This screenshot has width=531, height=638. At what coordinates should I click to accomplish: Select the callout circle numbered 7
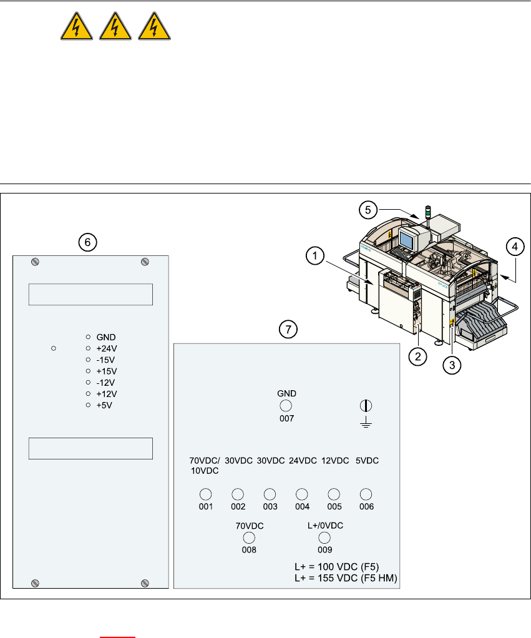[288, 330]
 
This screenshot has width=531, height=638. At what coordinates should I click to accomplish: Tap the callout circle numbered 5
[369, 211]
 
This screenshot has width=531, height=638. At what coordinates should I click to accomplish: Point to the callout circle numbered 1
[316, 255]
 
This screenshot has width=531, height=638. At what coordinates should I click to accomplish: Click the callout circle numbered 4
[514, 247]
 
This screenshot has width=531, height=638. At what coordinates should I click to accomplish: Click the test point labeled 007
[286, 406]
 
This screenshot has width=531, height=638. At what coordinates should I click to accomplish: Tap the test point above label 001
[205, 493]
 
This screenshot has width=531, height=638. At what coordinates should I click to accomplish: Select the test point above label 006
[366, 493]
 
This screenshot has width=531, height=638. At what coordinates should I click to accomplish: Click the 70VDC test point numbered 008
[249, 537]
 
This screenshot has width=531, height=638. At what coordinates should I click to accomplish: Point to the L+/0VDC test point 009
[324, 537]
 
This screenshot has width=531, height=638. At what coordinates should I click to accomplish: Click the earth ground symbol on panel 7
[366, 412]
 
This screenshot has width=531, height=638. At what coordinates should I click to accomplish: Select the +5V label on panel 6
[104, 405]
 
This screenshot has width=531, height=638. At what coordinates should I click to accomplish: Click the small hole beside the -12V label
[89, 382]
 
